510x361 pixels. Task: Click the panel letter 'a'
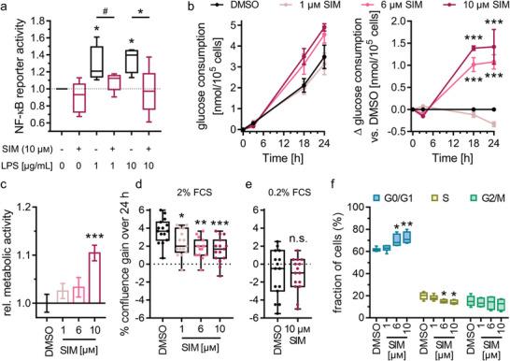(x=6, y=8)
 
